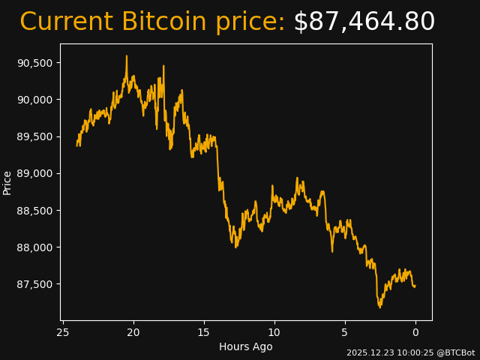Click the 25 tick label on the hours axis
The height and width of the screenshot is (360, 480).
pos(63,332)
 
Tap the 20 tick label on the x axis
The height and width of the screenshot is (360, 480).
pos(133,332)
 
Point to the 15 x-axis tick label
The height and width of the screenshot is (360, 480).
pos(204,332)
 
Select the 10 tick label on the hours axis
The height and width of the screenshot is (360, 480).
pos(274,332)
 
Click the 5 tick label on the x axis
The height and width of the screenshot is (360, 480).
pos(345,332)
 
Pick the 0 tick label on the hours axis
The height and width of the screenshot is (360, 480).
pos(415,332)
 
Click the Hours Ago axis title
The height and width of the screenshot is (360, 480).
pos(246,346)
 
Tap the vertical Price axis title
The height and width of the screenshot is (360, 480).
pos(7,182)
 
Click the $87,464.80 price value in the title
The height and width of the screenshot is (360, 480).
pos(364,22)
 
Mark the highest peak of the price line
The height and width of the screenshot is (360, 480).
pos(127,55)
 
